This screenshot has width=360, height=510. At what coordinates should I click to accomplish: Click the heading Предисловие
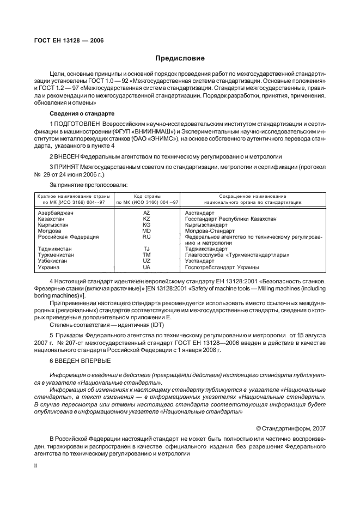(180, 58)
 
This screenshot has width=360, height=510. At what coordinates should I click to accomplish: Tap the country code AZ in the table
(147, 212)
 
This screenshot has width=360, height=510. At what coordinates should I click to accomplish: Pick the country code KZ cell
(147, 218)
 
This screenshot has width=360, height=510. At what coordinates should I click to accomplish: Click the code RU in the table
(147, 237)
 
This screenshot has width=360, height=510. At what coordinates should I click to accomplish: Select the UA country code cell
(147, 268)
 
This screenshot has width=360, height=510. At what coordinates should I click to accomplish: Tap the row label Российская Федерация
(68, 237)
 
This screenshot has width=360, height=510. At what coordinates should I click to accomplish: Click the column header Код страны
(147, 196)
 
